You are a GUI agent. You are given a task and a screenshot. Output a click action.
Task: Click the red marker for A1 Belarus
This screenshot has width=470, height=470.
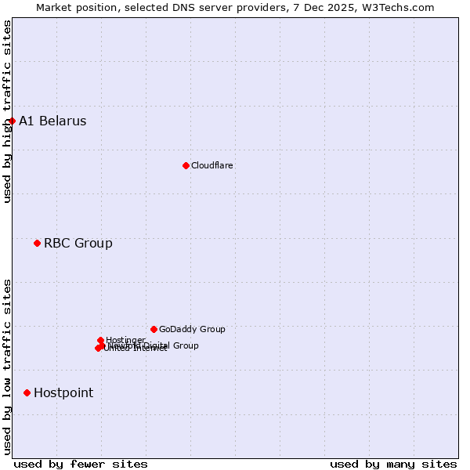click(12, 121)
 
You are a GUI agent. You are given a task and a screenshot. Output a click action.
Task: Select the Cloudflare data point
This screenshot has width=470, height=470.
click(186, 165)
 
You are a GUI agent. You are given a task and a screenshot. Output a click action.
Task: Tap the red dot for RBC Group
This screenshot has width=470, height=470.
click(37, 243)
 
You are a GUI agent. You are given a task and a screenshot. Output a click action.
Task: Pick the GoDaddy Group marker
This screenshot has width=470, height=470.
click(154, 329)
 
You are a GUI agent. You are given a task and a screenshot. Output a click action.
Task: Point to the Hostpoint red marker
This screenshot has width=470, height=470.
click(27, 392)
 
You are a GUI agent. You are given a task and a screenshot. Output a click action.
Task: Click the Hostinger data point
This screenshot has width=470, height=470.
click(100, 340)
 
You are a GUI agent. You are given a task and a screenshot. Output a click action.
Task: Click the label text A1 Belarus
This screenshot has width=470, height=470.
click(52, 121)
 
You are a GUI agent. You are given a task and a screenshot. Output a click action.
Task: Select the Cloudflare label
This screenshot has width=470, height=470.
click(212, 165)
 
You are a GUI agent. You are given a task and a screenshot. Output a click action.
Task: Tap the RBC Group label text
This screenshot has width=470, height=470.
click(78, 243)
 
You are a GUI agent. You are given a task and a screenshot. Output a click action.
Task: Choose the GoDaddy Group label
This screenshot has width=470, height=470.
click(192, 329)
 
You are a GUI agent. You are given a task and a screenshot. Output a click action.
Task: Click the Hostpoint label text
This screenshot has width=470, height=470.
click(63, 392)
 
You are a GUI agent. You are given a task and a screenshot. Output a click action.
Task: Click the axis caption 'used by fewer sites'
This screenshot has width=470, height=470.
click(81, 464)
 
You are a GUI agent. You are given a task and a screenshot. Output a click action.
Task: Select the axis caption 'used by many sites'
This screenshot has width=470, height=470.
click(393, 464)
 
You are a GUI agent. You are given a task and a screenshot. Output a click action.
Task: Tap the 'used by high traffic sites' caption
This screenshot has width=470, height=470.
click(7, 111)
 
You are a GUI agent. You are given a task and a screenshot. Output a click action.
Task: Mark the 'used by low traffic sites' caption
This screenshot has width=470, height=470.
click(7, 366)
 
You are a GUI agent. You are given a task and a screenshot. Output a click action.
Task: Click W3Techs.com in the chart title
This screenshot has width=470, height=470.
click(402, 7)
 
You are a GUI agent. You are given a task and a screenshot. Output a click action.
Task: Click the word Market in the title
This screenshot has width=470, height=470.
click(55, 7)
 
